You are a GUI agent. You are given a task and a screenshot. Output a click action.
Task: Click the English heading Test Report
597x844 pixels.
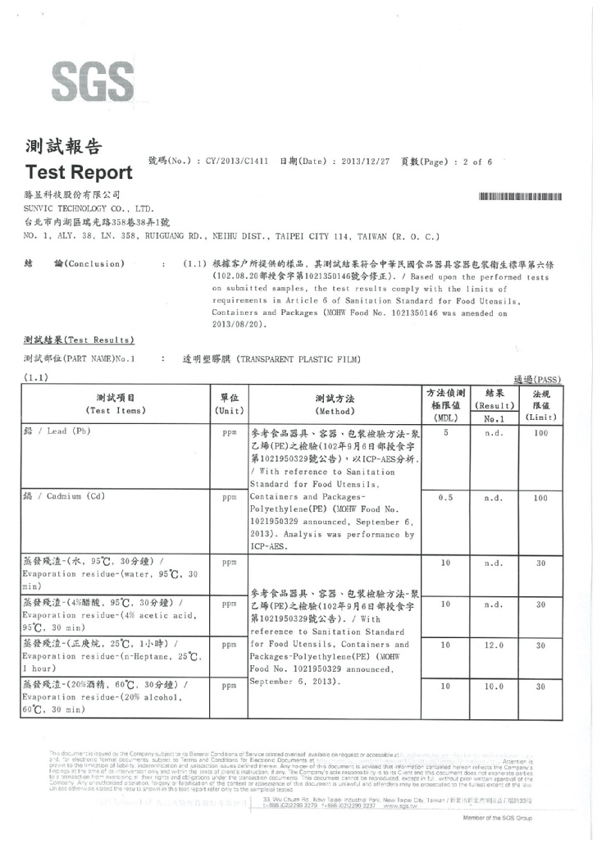pos(79,172)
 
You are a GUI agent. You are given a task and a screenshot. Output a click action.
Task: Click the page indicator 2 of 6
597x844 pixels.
pos(476,162)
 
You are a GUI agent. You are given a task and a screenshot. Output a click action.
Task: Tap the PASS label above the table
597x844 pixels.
pos(536,380)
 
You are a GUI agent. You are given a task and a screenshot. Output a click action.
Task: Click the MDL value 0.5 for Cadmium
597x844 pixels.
pos(446,498)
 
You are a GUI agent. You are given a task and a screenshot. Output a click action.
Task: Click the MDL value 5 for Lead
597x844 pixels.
pos(446,431)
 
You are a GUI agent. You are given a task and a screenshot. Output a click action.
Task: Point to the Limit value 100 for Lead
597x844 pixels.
pos(540,432)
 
